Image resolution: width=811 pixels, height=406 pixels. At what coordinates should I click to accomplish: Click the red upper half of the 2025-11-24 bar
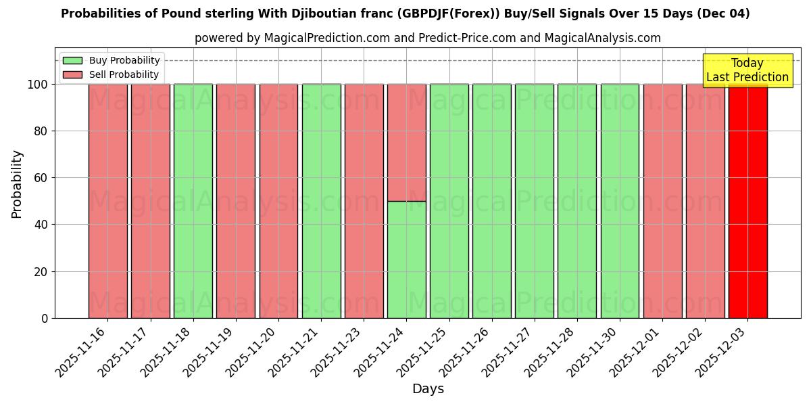pos(407,142)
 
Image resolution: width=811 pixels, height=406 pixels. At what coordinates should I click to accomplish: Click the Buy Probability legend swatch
pos(72,61)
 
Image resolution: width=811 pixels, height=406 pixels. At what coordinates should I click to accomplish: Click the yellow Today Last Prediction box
pos(747,70)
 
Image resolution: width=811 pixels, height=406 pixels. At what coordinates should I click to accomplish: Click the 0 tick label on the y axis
pos(45,318)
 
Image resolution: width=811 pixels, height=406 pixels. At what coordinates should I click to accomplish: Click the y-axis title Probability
pos(17,184)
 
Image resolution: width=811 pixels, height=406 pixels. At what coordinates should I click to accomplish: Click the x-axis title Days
pos(428,389)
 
